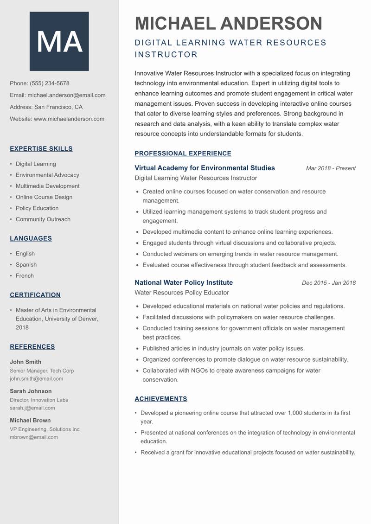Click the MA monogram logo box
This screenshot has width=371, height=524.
pyautogui.click(x=59, y=41)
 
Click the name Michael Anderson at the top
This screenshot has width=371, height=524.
pyautogui.click(x=228, y=23)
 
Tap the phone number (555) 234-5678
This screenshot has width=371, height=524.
pyautogui.click(x=49, y=83)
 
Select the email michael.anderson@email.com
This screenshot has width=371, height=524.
pyautogui.click(x=66, y=95)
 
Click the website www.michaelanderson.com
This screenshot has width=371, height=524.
pyautogui.click(x=69, y=119)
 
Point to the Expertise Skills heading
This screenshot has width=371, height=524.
pyautogui.click(x=41, y=149)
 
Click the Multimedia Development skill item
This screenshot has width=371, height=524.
pyautogui.click(x=47, y=186)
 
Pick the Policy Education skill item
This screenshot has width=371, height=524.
pyautogui.click(x=37, y=208)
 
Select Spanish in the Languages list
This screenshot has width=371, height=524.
pyautogui.click(x=26, y=265)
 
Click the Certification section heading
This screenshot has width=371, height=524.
pyautogui.click(x=35, y=295)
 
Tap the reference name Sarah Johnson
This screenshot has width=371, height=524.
pyautogui.click(x=31, y=391)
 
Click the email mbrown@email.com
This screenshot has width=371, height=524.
pyautogui.click(x=34, y=437)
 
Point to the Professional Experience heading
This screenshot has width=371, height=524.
pyautogui.click(x=183, y=153)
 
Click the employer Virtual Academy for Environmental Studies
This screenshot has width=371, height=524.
pyautogui.click(x=205, y=168)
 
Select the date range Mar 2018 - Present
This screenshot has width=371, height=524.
pyautogui.click(x=331, y=168)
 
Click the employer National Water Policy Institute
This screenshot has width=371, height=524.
pyautogui.click(x=184, y=282)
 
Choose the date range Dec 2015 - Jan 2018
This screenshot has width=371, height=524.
pyautogui.click(x=328, y=283)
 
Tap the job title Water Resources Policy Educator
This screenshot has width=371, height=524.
pyautogui.click(x=182, y=293)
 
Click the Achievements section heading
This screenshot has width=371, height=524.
pyautogui.click(x=161, y=399)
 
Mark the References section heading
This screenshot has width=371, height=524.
pyautogui.click(x=32, y=347)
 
